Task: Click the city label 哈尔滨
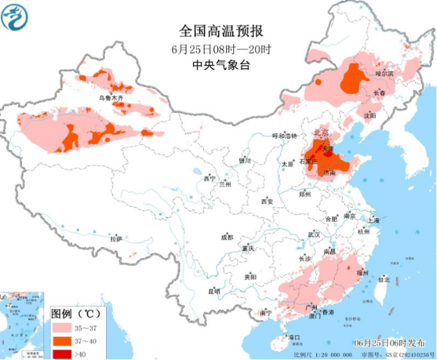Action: point(385,74)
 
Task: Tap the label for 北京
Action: point(320,133)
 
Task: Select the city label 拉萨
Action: point(115,239)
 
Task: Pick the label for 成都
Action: point(227,237)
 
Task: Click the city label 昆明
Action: point(214,291)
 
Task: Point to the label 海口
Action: point(293,337)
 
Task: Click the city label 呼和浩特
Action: point(284,136)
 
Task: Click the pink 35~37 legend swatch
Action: point(62,328)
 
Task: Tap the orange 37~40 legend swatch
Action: point(62,341)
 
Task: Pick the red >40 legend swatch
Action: point(62,353)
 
